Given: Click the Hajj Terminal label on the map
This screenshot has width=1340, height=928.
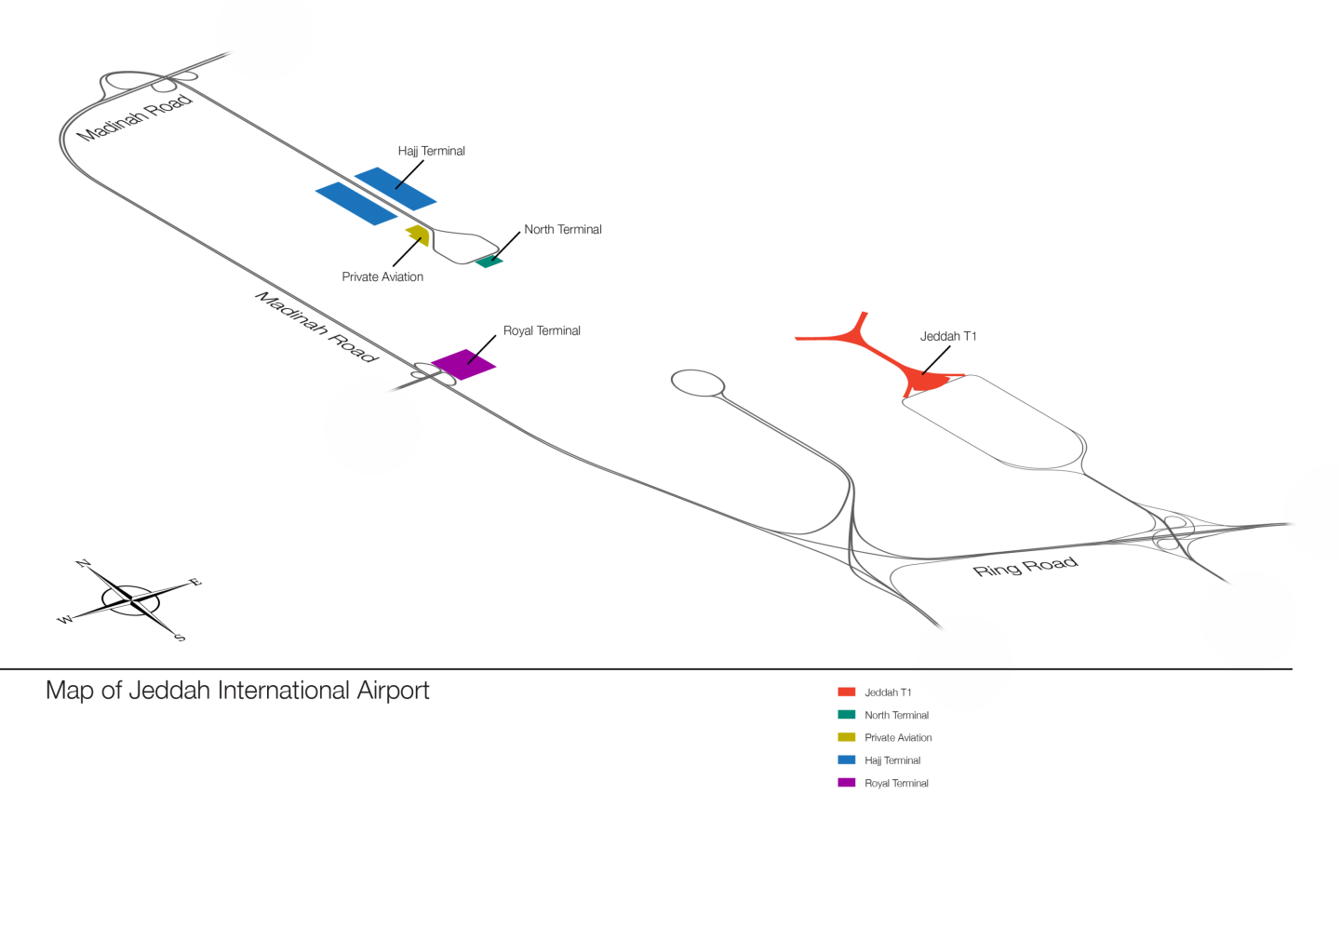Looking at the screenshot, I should coord(431,151).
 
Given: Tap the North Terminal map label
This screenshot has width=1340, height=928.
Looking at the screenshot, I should coord(562,229).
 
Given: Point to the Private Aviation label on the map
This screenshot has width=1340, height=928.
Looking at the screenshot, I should coord(382,277).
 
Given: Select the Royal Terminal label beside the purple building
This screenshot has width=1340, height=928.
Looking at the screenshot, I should coord(542,330).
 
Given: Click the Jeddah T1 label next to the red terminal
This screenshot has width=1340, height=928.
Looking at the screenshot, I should coord(948,337).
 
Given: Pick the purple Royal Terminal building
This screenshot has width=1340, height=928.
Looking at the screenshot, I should coord(462,364).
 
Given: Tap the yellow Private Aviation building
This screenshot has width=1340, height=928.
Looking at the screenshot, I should coord(418,234).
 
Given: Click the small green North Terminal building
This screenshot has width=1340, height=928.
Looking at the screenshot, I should coord(489,262).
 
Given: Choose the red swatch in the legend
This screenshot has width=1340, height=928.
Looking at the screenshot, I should coord(846,692).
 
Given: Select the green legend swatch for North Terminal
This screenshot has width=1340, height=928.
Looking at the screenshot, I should coord(846,715).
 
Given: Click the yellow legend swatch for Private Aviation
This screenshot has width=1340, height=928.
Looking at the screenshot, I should coord(846,737).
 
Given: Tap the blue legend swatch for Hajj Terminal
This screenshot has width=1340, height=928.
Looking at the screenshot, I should coord(846,760).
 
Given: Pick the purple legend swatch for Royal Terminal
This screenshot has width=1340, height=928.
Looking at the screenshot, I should coord(846,783).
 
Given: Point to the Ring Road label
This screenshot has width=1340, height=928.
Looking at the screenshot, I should coord(1025,567).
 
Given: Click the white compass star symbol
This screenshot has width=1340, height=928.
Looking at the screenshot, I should coord(133,601).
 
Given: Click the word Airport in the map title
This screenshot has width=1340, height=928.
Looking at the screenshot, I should coord(393,691).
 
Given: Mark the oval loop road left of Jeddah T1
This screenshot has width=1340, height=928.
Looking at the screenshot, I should coord(697,383).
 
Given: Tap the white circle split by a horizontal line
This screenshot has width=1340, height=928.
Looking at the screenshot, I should coord(964,663).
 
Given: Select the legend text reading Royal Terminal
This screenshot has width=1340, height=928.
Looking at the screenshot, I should coord(896,784).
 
